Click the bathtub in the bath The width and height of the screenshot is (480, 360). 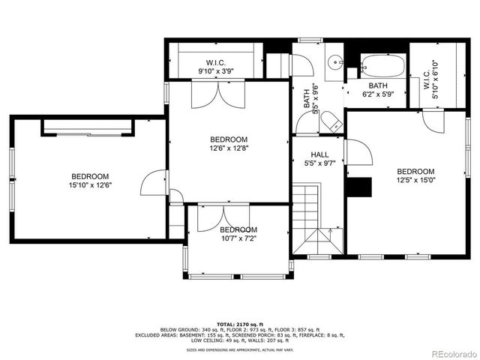coord(382,67)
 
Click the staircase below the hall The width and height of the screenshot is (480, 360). coord(316,220)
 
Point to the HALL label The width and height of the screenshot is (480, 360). coord(319,154)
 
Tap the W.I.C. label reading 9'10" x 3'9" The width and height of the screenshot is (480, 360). coord(217,67)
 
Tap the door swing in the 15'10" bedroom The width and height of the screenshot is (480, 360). coord(153,182)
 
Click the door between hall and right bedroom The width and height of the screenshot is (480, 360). coord(358,152)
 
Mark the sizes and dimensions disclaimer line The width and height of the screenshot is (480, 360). coord(240,349)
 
